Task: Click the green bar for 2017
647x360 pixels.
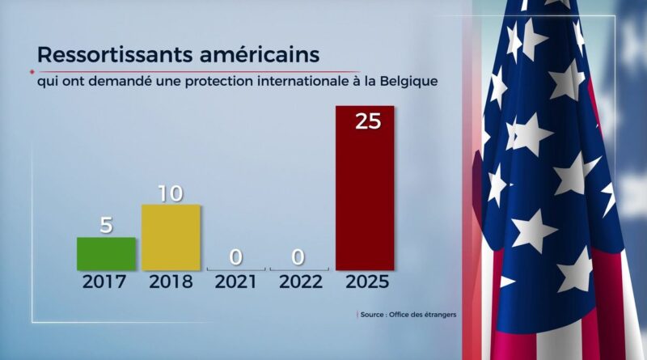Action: [x=106, y=253]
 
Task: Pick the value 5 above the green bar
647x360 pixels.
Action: [x=106, y=225]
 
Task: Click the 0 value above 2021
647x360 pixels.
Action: [x=235, y=258]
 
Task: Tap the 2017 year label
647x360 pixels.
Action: [x=106, y=282]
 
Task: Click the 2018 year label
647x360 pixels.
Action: [x=171, y=282]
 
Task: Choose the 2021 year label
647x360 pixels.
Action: [x=235, y=282]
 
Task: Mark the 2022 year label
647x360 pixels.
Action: [x=300, y=282]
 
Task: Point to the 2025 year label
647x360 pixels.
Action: [x=365, y=282]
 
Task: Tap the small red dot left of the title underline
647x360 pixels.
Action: [x=31, y=70]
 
